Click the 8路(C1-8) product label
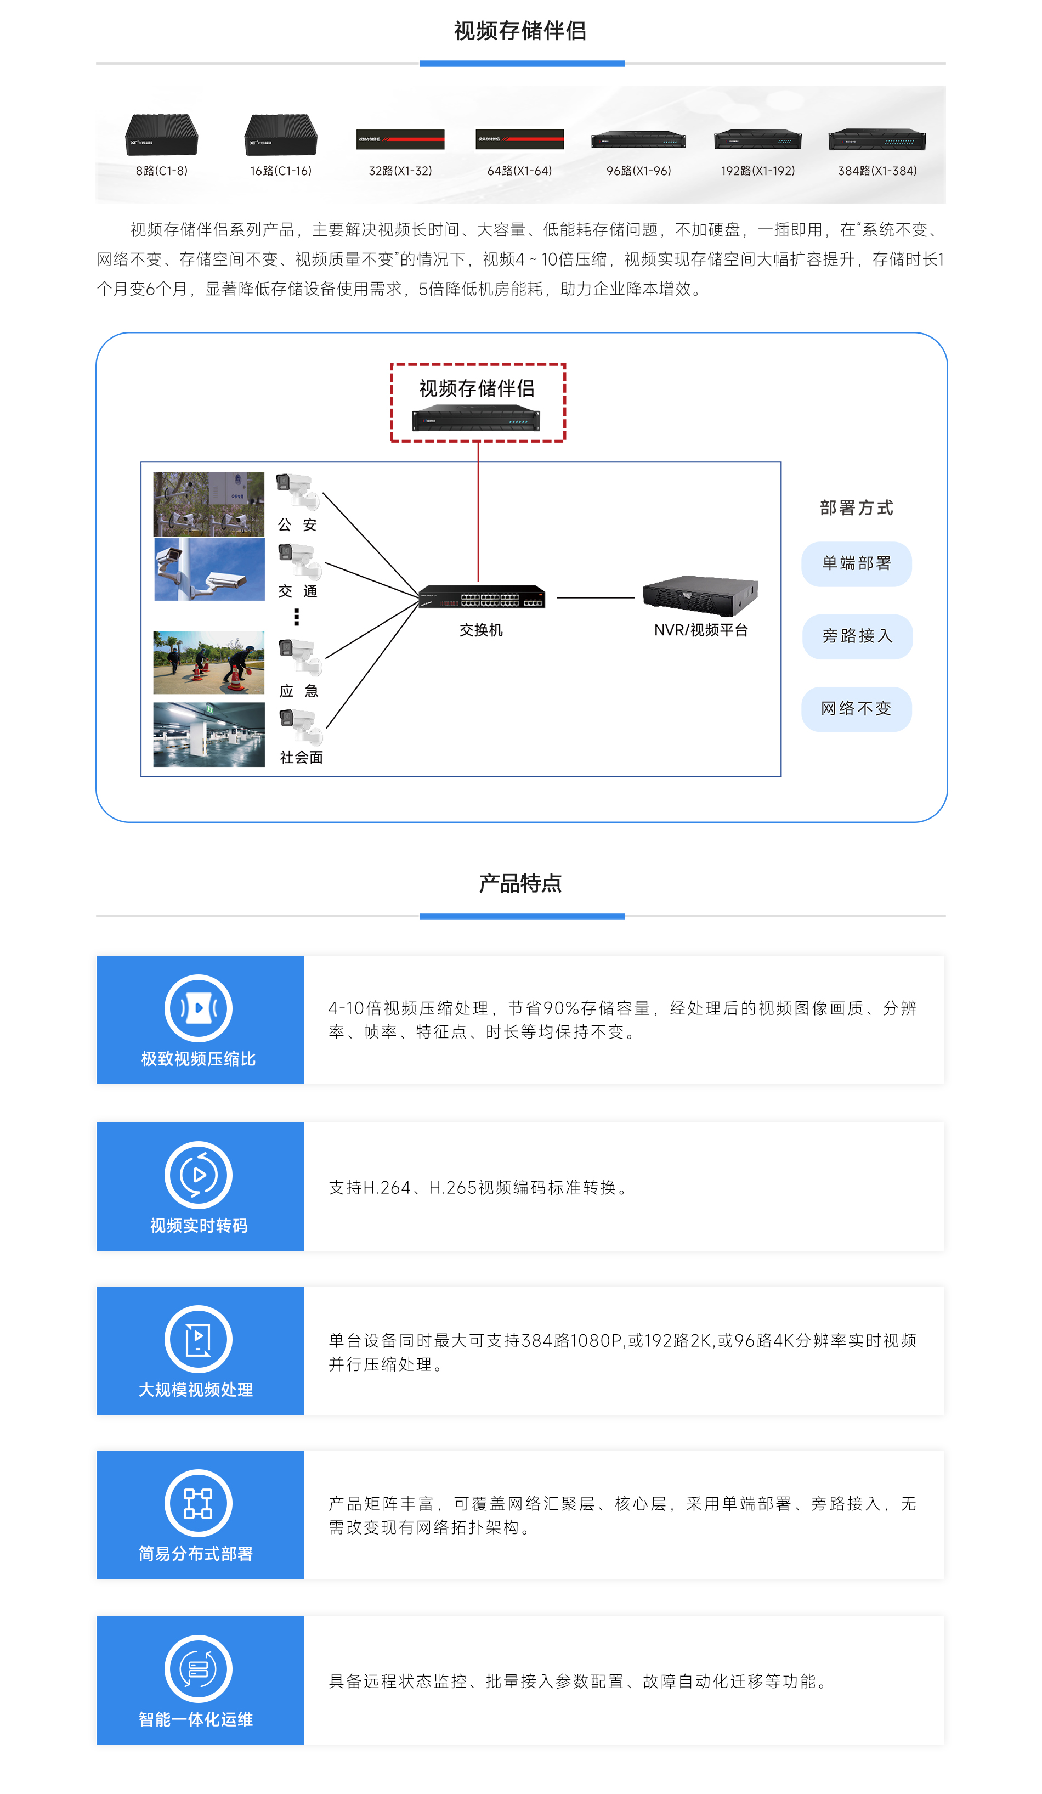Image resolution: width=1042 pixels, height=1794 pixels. pos(162,171)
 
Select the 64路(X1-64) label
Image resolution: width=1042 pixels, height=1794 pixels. pos(519,171)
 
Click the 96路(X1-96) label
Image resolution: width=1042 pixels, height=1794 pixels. pos(638,171)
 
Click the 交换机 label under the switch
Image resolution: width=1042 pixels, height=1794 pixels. pos(481,630)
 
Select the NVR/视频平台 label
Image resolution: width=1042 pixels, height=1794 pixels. pos(701,630)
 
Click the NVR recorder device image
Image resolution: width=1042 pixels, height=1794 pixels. pos(700,595)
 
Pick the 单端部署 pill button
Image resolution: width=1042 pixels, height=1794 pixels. pos(856,564)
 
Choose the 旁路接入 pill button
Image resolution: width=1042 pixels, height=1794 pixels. pos(857,636)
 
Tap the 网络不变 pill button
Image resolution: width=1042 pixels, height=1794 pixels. pos(856,709)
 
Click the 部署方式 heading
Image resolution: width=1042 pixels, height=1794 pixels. pos(856,507)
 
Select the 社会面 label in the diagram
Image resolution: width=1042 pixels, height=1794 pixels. pos(301,758)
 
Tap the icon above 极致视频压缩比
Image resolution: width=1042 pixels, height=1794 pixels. pos(198,1008)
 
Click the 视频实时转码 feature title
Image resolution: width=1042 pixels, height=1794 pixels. pos(199,1225)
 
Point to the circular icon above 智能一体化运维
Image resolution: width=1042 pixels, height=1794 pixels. pos(198,1669)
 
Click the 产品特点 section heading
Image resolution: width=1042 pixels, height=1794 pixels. pos(520,883)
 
